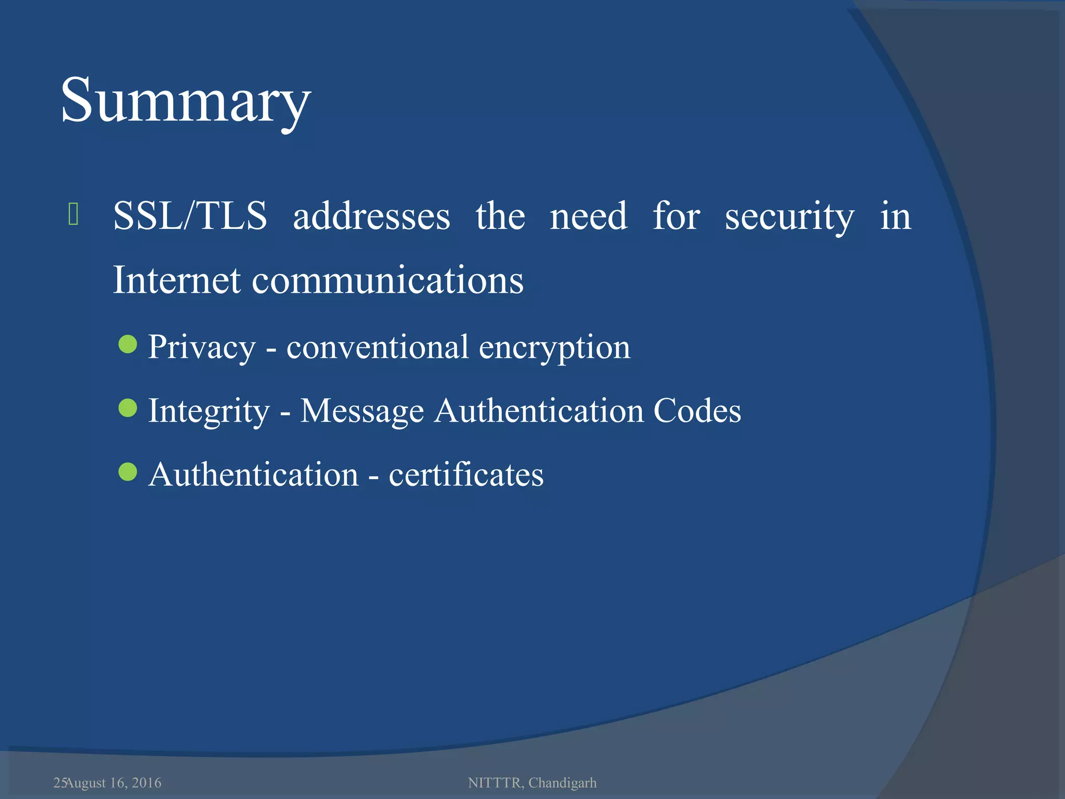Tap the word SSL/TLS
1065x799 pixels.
tap(190, 216)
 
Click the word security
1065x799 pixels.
tap(789, 217)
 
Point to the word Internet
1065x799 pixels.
tap(177, 280)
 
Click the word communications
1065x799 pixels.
tap(388, 280)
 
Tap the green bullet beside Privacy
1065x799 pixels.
tap(127, 344)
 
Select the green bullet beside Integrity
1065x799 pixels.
tap(127, 408)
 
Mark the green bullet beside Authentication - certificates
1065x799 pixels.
tap(127, 472)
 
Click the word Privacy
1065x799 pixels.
tap(202, 347)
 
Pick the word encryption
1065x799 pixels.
tap(554, 347)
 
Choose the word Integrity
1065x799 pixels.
tap(209, 411)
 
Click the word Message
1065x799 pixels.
tap(362, 411)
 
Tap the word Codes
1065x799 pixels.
tap(697, 410)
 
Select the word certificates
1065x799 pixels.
tap(466, 474)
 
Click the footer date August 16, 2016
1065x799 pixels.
tap(113, 783)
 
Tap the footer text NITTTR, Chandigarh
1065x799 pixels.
tap(532, 783)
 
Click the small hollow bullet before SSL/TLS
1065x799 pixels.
tap(73, 214)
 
